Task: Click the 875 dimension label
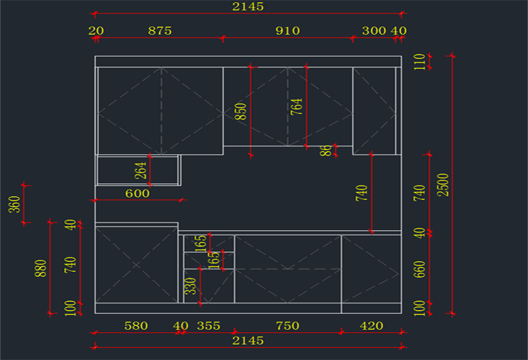(x=160, y=31)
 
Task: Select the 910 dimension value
(x=287, y=31)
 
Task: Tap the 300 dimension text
(x=373, y=31)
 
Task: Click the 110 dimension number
(x=420, y=62)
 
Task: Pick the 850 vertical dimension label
(x=241, y=112)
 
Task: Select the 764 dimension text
(x=296, y=106)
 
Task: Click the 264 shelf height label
(x=141, y=171)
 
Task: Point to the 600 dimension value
(x=137, y=193)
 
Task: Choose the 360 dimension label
(x=14, y=204)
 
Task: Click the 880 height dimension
(x=41, y=269)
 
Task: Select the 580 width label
(x=136, y=326)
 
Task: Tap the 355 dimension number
(x=209, y=326)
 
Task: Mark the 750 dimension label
(x=287, y=326)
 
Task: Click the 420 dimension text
(x=371, y=326)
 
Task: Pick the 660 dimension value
(x=420, y=269)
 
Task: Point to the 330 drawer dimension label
(x=192, y=285)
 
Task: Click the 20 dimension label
(x=96, y=31)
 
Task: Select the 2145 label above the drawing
(x=248, y=7)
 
